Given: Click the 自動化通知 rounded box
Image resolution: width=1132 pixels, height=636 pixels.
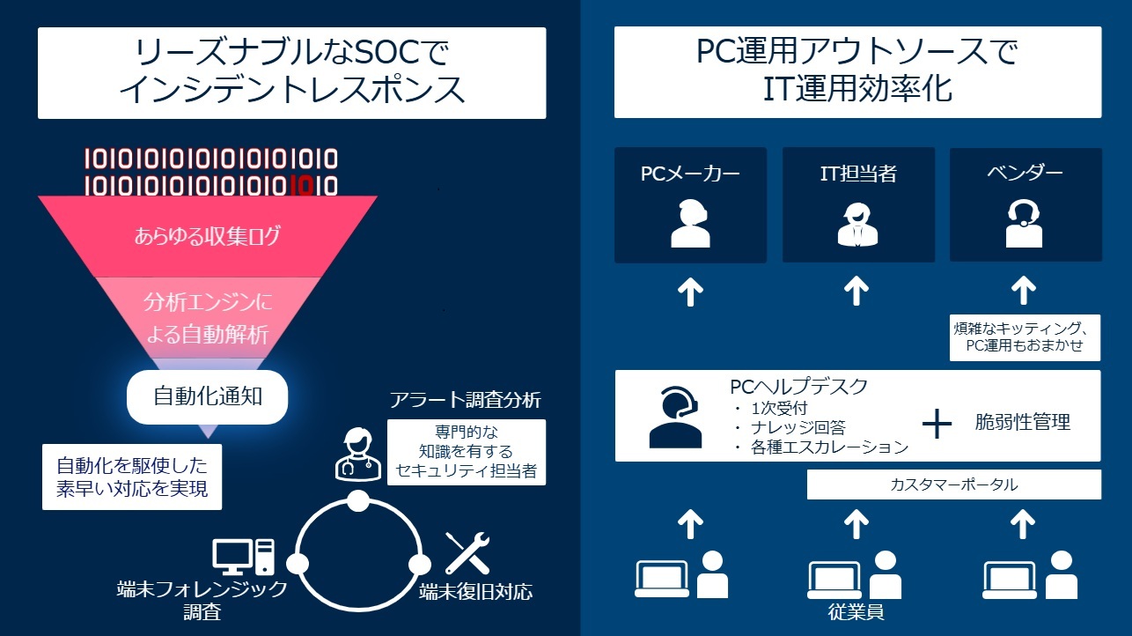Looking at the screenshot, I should coord(208,396).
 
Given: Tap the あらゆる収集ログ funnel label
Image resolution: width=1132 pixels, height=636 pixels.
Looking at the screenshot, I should coord(208,236).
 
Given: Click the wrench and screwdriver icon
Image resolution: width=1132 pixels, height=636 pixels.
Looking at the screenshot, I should coord(466,553).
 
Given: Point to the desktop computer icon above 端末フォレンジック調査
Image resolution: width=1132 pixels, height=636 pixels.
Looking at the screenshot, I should coord(243,557).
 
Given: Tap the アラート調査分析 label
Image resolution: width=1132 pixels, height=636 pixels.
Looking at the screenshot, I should coord(465,400).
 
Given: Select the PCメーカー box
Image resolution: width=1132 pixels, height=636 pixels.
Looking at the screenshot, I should coord(690,205).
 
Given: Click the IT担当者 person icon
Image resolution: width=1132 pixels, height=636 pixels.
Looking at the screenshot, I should coord(856,224).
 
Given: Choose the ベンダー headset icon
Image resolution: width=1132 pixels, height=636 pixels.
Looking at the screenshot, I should coord(1024,223).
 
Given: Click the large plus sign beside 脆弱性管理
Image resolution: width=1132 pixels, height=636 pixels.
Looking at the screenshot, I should coord(937,424).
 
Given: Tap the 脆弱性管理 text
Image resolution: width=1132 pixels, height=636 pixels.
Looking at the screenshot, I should coord(1022,423).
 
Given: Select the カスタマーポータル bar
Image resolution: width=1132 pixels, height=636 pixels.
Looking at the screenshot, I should coord(953,484).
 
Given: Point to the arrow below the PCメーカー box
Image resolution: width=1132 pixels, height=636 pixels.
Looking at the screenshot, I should coord(690,290).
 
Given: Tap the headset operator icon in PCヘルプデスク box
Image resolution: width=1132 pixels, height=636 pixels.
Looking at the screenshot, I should coord(675,417).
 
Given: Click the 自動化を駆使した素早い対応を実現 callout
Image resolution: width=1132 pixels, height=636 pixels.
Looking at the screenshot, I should coord(132,477).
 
